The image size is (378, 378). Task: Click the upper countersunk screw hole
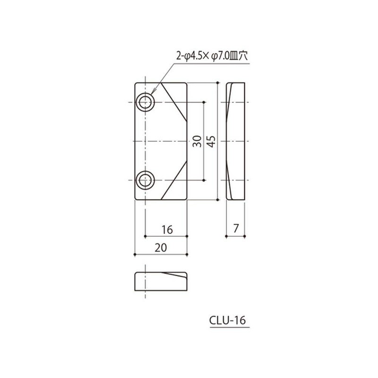pos(145,102)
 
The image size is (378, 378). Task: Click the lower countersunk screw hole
pos(145,180)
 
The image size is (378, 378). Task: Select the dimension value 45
pos(211,141)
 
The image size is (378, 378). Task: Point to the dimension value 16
pos(166,230)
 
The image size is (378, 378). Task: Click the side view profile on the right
pos(236,141)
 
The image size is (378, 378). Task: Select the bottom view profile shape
pos(161,282)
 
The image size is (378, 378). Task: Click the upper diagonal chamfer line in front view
pos(174,102)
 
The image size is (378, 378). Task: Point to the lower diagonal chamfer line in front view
pos(174,181)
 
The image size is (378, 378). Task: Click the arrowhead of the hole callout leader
pos(152,94)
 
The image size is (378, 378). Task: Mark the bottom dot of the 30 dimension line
pos(204,180)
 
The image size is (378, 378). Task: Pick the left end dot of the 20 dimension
pos(135,255)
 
